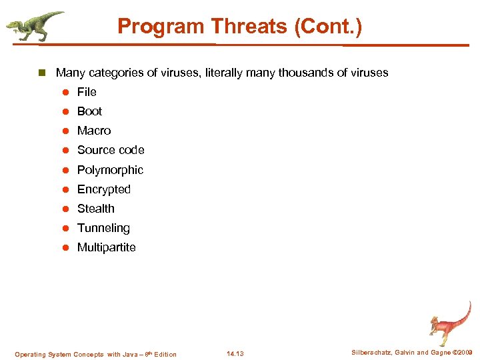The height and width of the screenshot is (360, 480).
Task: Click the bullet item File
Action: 87,92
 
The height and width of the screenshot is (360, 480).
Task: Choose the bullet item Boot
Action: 89,111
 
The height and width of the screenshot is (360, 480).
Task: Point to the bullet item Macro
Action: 94,131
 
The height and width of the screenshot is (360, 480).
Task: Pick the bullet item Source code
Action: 111,150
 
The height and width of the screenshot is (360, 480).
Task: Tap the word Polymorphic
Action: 110,170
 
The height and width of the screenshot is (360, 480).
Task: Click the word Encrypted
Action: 104,189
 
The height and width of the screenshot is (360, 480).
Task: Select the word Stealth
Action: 96,209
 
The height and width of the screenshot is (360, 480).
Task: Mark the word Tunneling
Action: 103,228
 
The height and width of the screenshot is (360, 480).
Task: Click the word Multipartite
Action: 106,247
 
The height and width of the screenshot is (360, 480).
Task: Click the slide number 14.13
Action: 235,354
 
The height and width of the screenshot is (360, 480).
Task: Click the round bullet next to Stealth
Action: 66,209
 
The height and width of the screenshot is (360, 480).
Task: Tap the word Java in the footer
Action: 129,354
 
